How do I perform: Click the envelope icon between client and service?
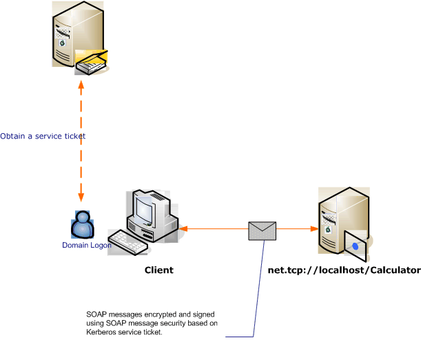click(x=262, y=230)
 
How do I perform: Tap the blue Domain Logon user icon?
click(x=83, y=225)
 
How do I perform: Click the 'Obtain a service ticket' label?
click(x=43, y=136)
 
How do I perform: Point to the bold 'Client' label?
click(x=158, y=270)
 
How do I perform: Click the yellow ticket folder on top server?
click(x=93, y=62)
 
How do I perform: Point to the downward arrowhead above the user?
click(x=81, y=197)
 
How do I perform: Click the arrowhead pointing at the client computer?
click(x=185, y=229)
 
